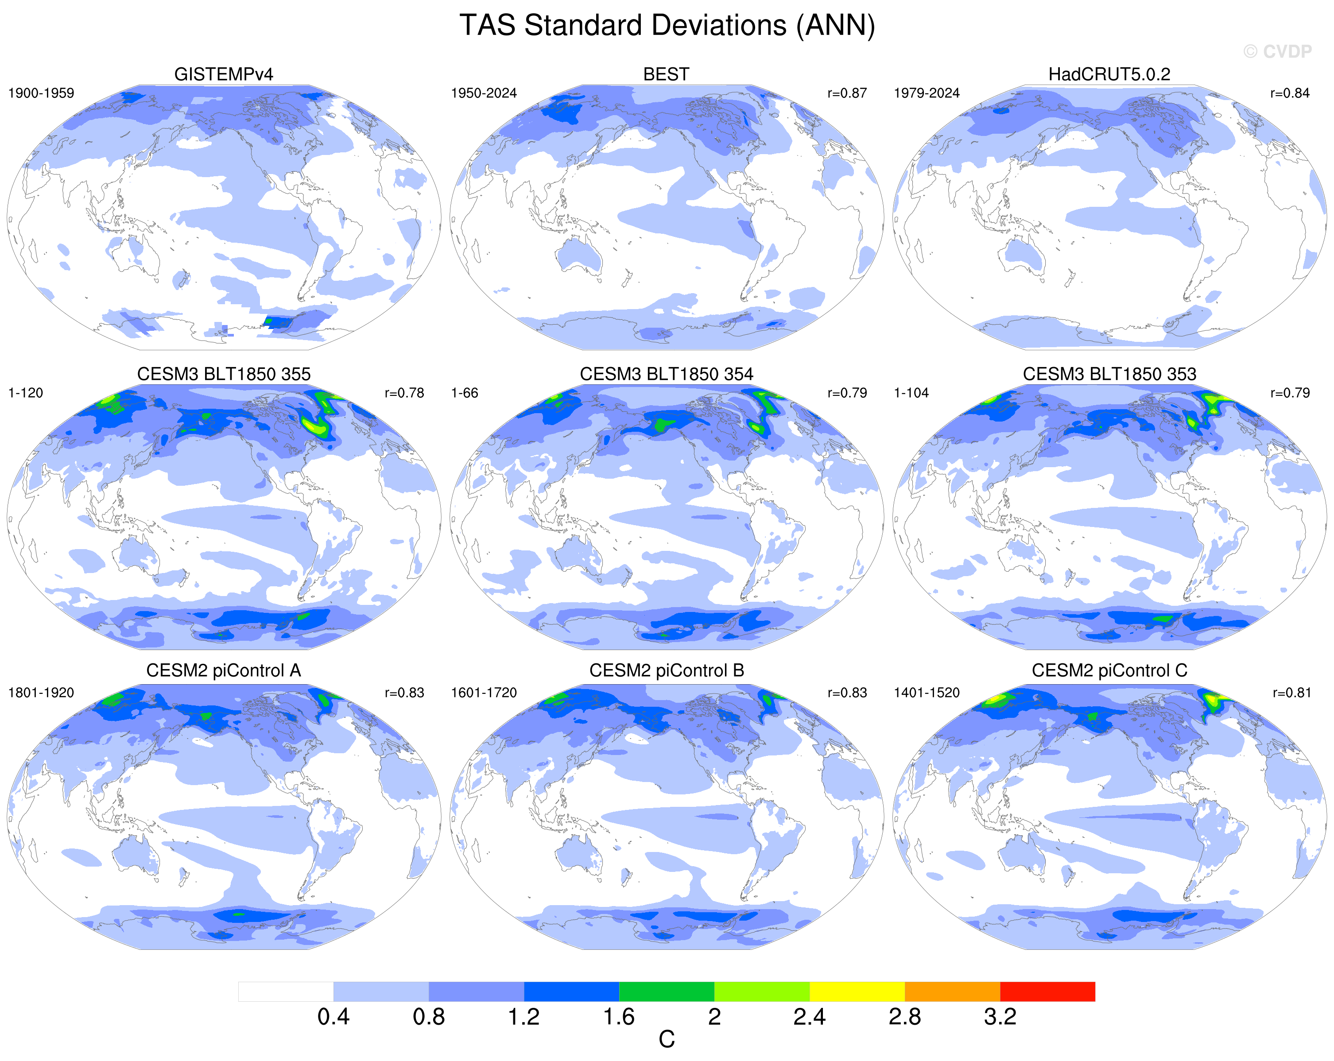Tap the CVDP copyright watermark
point(1277,51)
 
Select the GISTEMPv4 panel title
point(223,74)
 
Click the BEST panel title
point(667,74)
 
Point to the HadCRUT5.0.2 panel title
point(1109,74)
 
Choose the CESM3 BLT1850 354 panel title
point(667,374)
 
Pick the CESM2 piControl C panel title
point(1109,670)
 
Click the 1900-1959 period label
point(41,93)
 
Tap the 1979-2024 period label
point(927,93)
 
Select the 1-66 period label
point(465,393)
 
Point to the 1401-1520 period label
point(927,693)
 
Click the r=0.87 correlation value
point(847,93)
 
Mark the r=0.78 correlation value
point(404,393)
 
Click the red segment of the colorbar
point(1047,991)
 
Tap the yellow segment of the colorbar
point(857,991)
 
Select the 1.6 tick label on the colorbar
point(619,1016)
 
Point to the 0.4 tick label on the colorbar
point(333,1016)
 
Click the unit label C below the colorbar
point(667,1040)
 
